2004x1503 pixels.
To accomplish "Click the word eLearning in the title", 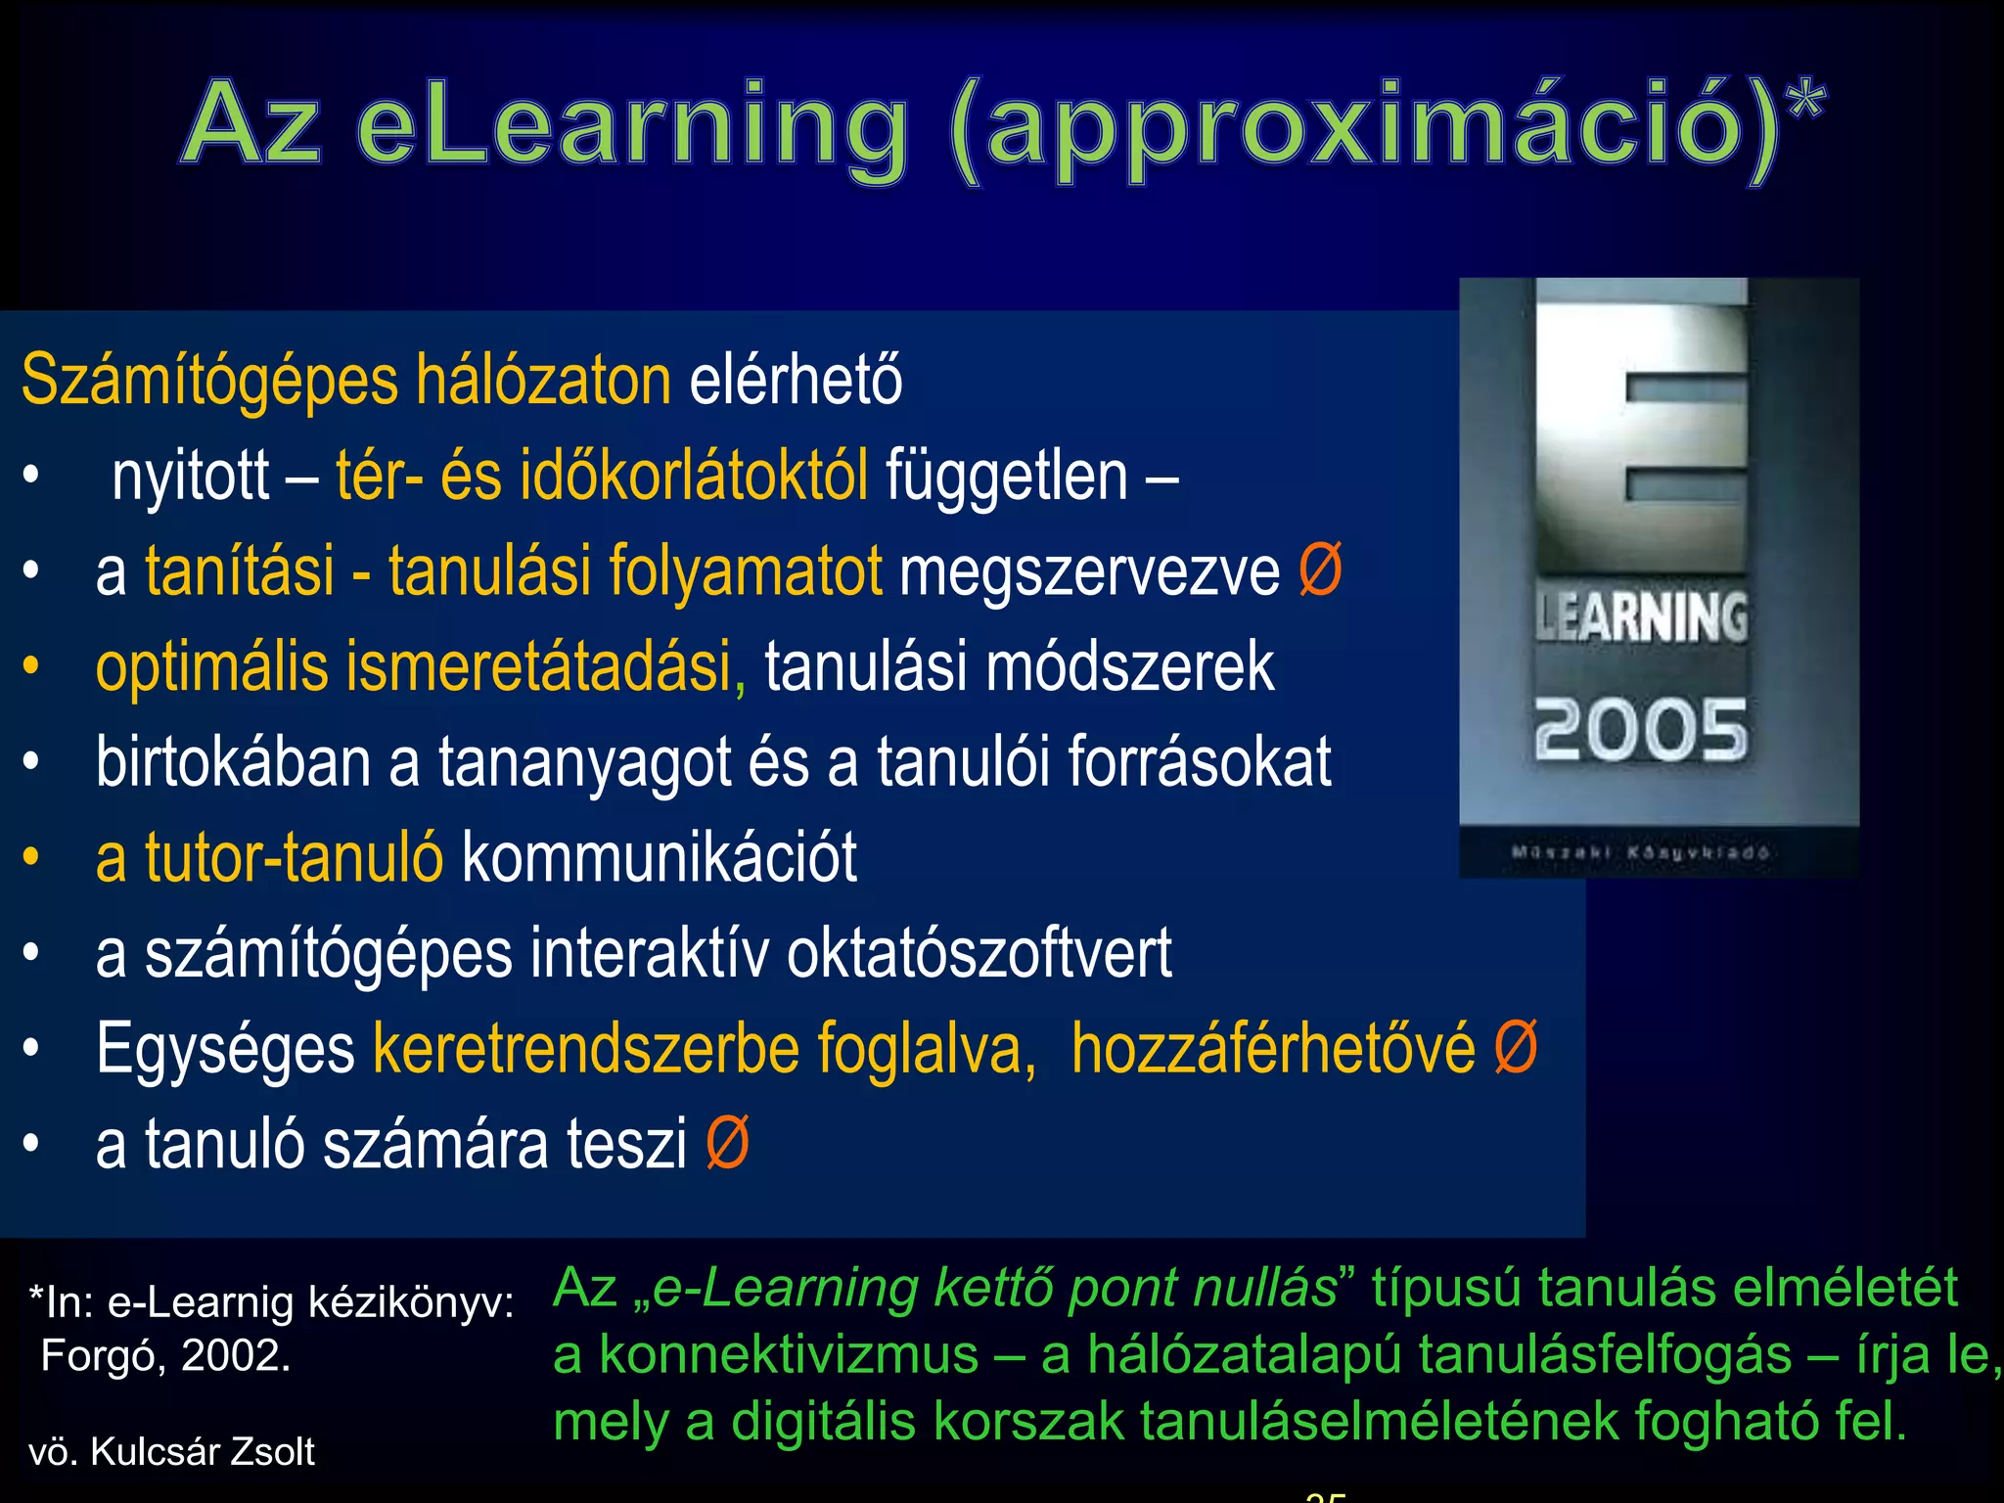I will [x=631, y=127].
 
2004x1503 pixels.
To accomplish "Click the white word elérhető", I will [x=796, y=382].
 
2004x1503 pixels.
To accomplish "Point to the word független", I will [x=1006, y=477].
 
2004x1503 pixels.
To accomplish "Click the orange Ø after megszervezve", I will [x=1320, y=570].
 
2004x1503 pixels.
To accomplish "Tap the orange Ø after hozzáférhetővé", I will [x=1515, y=1048].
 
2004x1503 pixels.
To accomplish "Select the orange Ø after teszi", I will [x=727, y=1144].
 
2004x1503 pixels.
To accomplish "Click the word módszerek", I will [x=1129, y=667].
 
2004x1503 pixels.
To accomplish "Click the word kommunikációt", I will [x=659, y=858].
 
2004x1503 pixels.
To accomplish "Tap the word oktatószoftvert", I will [x=979, y=954].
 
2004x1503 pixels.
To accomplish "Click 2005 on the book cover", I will [x=1640, y=730].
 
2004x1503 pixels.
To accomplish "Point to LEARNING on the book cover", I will [x=1640, y=618].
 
